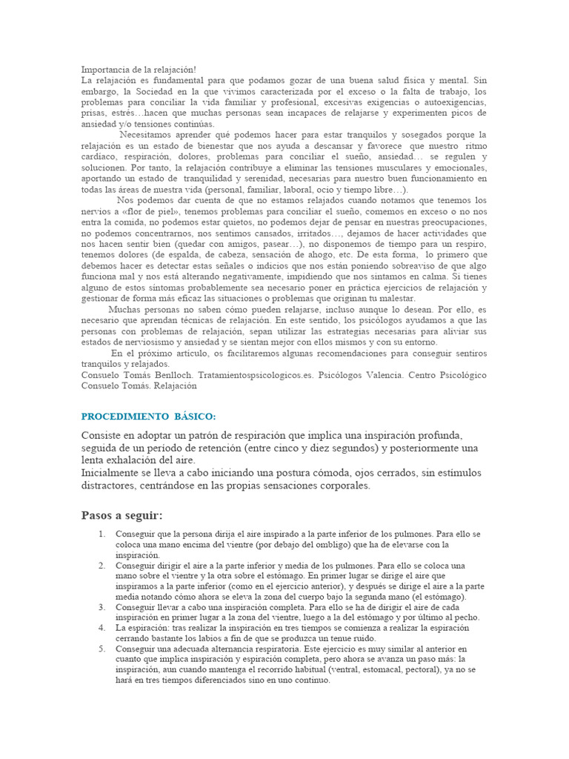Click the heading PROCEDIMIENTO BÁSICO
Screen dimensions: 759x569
[147, 416]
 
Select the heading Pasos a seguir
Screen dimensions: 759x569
[122, 515]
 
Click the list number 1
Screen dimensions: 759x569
[102, 534]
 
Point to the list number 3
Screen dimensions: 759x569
[102, 606]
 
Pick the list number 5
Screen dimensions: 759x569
[102, 648]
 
